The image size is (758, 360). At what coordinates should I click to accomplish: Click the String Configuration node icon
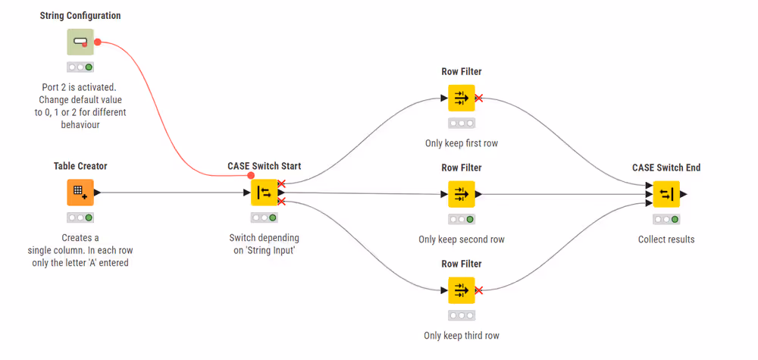click(x=80, y=42)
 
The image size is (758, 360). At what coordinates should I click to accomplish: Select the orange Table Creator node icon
click(x=80, y=193)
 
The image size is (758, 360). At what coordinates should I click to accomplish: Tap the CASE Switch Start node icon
click(x=264, y=193)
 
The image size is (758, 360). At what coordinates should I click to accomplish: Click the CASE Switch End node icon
click(x=666, y=194)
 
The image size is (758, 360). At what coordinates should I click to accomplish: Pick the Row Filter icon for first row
click(x=461, y=98)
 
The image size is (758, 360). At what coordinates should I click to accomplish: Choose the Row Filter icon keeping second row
click(x=461, y=194)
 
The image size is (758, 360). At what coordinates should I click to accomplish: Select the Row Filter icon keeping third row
click(x=461, y=290)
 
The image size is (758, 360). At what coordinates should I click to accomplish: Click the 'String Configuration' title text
click(x=80, y=16)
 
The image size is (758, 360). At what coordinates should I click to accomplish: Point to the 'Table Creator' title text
click(x=80, y=166)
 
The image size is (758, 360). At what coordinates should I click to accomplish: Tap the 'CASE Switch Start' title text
click(x=264, y=166)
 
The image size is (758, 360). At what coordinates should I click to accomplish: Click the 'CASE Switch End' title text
click(x=666, y=167)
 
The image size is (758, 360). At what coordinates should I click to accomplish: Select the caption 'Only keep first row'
click(x=461, y=143)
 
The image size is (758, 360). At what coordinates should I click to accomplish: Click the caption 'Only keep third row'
click(x=461, y=336)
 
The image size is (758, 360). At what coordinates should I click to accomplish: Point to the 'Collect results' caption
click(x=666, y=239)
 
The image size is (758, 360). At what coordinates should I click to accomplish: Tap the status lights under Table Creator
click(x=80, y=218)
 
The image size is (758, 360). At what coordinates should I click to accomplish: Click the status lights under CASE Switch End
click(x=666, y=219)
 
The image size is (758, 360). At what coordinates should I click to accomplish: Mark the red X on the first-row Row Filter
click(x=478, y=98)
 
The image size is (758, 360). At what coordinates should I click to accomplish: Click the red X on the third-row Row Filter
click(x=478, y=290)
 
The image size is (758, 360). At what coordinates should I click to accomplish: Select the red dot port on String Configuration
click(x=97, y=42)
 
